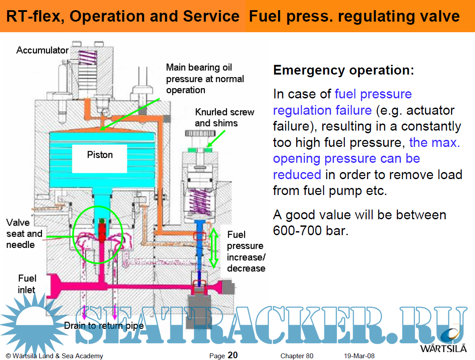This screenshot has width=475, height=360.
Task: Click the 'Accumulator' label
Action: click(x=42, y=50)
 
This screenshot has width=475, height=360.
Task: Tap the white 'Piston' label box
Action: click(x=100, y=155)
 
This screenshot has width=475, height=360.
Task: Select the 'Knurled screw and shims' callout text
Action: click(x=224, y=117)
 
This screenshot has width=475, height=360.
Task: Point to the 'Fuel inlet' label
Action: click(x=27, y=284)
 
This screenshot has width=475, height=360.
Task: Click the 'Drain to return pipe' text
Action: click(x=104, y=326)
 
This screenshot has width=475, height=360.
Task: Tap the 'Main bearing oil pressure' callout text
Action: click(x=205, y=79)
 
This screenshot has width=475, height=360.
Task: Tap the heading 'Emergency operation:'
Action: click(x=343, y=71)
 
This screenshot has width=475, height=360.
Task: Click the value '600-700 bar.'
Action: click(x=311, y=230)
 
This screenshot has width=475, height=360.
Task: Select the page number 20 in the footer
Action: click(x=233, y=355)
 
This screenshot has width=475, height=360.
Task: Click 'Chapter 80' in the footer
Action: click(x=297, y=356)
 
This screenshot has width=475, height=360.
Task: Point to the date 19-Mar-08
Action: click(x=359, y=356)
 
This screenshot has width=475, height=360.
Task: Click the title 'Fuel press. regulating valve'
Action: click(x=354, y=17)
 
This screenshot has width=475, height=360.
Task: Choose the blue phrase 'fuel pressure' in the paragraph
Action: click(x=373, y=94)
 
